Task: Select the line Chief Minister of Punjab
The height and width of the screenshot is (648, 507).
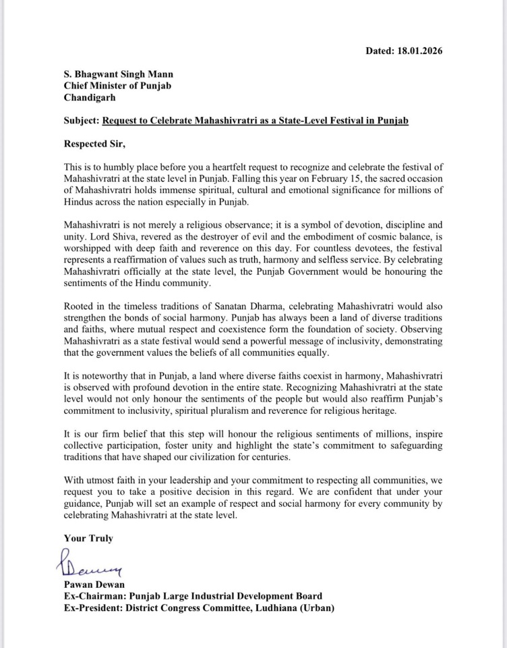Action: click(115, 86)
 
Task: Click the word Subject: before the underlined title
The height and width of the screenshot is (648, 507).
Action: click(81, 121)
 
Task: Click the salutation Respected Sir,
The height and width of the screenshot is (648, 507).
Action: click(94, 143)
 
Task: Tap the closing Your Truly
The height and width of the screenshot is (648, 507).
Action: click(88, 538)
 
